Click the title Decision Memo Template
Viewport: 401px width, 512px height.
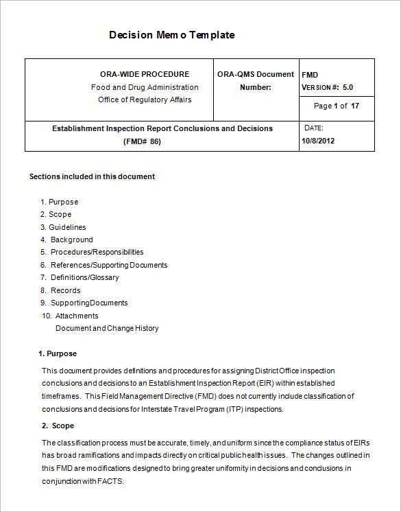click(x=171, y=35)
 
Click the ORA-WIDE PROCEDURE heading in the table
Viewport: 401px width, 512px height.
click(x=145, y=74)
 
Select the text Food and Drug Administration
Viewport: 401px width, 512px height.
click(x=145, y=87)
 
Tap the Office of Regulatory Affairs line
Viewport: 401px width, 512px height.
click(x=145, y=100)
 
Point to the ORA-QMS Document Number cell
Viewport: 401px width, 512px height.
click(x=256, y=80)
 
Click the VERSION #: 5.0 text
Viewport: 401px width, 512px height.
click(x=327, y=87)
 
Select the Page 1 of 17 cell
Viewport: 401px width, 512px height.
click(x=336, y=106)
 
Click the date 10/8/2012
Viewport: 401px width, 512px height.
click(x=318, y=141)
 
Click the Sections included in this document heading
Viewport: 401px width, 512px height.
click(x=92, y=176)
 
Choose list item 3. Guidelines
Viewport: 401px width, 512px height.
click(x=63, y=227)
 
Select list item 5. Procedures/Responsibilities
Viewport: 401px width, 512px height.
click(x=92, y=252)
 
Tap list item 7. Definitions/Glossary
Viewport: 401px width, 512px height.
click(x=80, y=277)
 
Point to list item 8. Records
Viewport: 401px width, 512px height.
click(x=61, y=290)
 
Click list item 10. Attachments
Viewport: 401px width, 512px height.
click(x=70, y=316)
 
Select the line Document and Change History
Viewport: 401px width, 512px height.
click(x=107, y=328)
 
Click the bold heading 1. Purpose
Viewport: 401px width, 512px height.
click(x=58, y=353)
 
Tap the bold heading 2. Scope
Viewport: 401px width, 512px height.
click(x=58, y=426)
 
